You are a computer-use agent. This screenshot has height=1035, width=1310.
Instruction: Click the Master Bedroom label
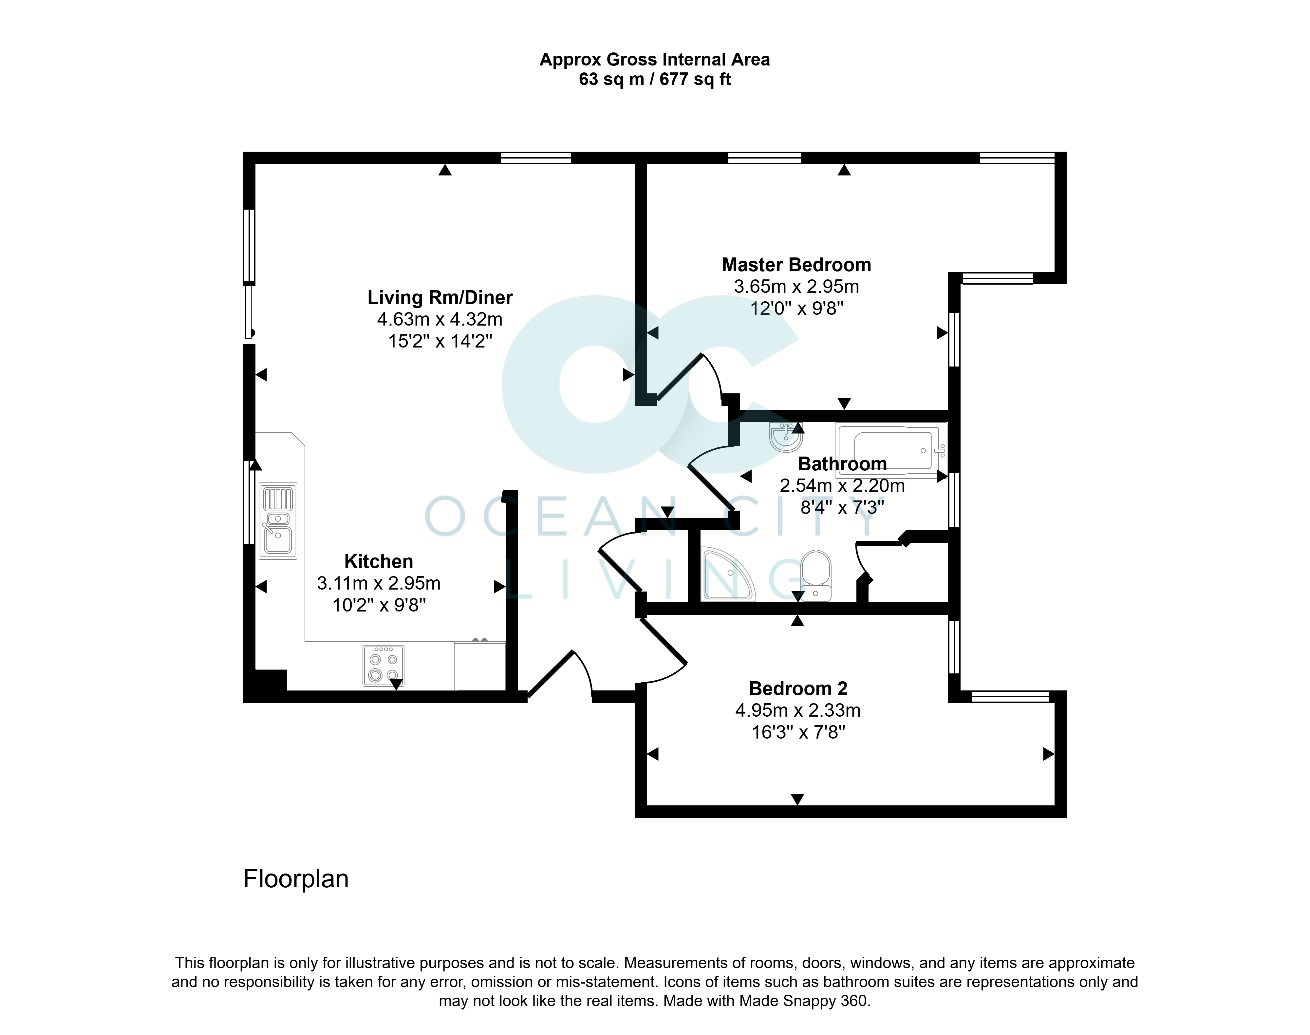click(x=796, y=265)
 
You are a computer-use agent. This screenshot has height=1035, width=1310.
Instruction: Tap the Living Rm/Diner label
click(x=440, y=297)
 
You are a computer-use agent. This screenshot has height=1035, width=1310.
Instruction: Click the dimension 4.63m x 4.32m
click(x=440, y=319)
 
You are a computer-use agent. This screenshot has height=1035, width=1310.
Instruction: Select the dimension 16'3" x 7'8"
click(x=798, y=732)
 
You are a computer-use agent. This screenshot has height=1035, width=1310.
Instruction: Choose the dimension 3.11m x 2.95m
click(x=379, y=583)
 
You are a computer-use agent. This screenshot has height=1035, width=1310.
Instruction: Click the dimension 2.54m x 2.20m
click(x=842, y=485)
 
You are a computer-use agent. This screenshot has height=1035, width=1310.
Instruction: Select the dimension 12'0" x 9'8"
click(x=796, y=309)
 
